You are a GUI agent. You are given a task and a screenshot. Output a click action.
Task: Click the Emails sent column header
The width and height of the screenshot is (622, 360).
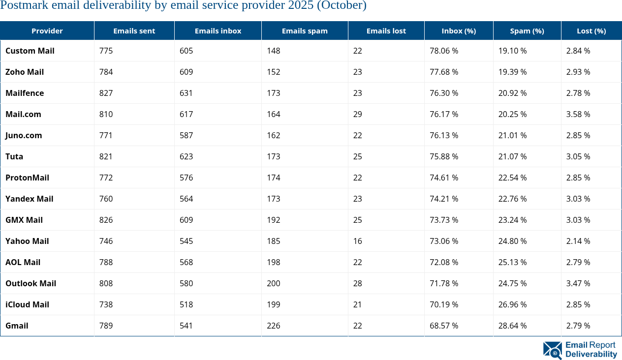coord(134,30)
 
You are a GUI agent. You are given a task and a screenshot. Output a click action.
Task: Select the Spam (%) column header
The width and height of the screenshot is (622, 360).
coord(527,30)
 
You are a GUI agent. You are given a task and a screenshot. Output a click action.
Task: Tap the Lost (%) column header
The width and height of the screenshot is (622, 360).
coord(591,30)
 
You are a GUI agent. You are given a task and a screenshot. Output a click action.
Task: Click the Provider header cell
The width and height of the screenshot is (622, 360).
coord(47,30)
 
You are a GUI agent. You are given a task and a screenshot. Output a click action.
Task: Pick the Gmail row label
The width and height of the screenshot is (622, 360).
coord(17,326)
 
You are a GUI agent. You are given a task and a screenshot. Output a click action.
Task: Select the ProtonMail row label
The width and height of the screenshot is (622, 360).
coord(27,178)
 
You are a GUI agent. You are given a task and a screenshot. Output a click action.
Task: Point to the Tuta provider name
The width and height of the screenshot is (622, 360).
coord(14,156)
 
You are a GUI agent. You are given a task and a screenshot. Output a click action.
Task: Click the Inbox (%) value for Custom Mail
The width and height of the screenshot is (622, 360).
coord(444,51)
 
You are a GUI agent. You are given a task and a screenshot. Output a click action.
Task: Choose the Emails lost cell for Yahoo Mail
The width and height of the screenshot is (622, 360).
coord(357,241)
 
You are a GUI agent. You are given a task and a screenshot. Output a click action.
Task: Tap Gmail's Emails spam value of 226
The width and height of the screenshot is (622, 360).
coord(274,326)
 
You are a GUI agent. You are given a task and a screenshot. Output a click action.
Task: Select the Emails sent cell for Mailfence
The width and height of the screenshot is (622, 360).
coord(106,93)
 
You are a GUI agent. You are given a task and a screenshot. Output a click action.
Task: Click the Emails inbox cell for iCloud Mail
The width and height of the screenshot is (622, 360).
coord(187,304)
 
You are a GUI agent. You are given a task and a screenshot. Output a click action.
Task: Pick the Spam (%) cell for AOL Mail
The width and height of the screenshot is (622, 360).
coord(512,262)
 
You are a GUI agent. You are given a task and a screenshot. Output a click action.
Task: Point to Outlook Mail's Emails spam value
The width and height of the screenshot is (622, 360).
coord(274,283)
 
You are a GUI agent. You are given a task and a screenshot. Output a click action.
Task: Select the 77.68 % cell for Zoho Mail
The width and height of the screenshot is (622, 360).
coord(444,72)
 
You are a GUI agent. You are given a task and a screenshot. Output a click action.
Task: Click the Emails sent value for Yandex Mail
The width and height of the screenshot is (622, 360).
coord(106,199)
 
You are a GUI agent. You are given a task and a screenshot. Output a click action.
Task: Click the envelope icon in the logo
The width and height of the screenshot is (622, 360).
coord(552,350)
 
